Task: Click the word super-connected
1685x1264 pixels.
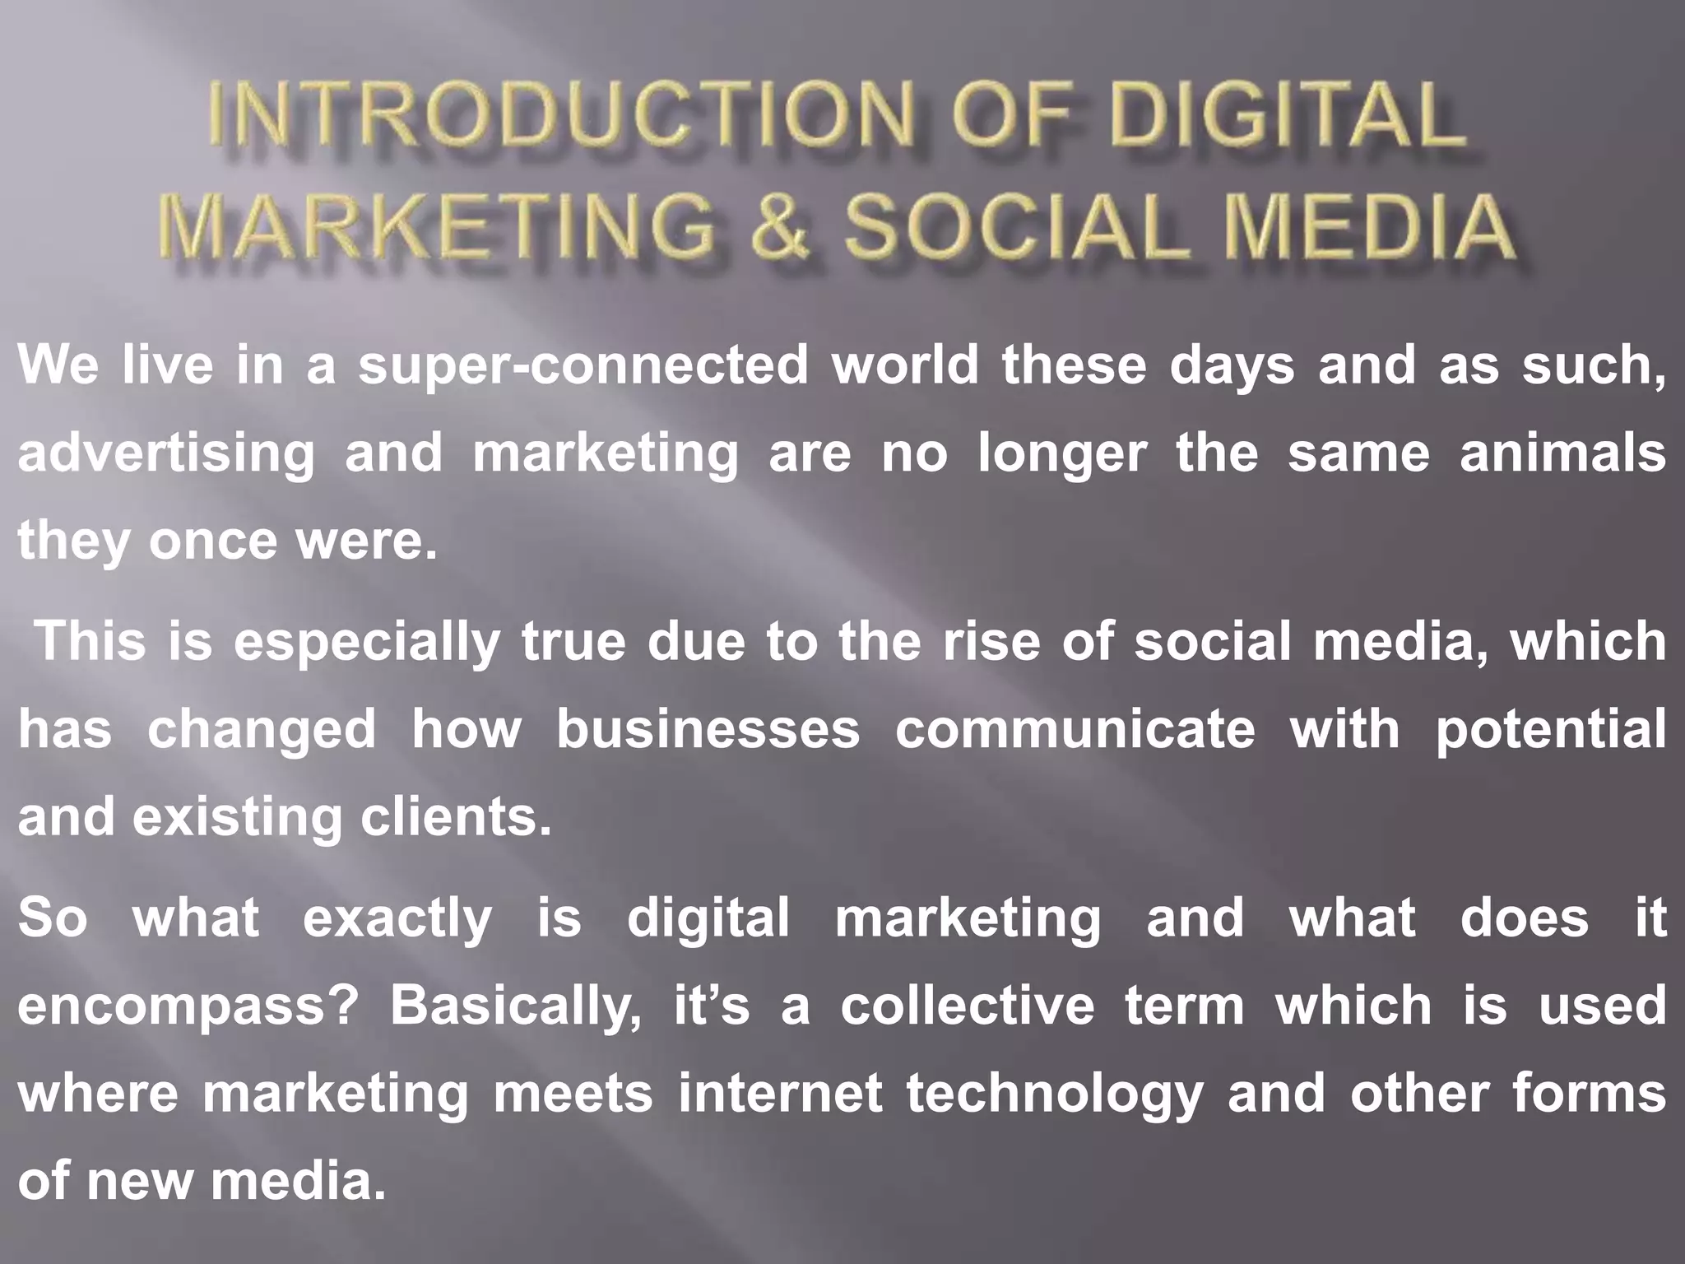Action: pyautogui.click(x=584, y=365)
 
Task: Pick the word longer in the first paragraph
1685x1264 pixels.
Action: pyautogui.click(x=1061, y=453)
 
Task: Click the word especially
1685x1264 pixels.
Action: pyautogui.click(x=367, y=642)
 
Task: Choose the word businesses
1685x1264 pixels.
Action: pyautogui.click(x=708, y=729)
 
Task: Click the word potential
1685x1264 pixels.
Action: pyautogui.click(x=1551, y=729)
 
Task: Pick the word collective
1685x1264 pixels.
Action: pyautogui.click(x=968, y=1006)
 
